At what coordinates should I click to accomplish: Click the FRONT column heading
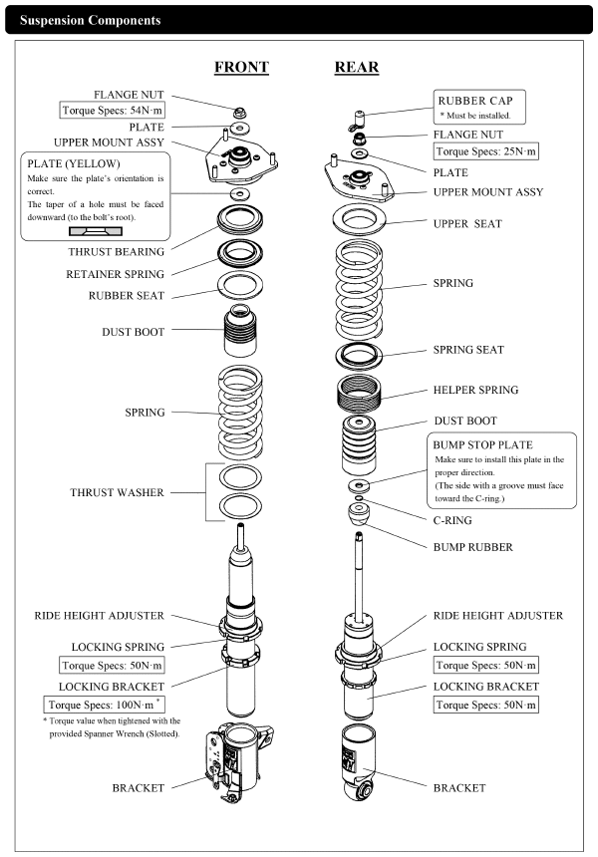click(241, 67)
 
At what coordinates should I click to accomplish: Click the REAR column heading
click(357, 67)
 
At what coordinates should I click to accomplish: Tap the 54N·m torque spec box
click(112, 110)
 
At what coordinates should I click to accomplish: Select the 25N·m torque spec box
click(485, 151)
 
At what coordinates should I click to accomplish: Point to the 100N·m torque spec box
click(104, 705)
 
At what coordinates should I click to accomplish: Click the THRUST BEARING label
click(116, 252)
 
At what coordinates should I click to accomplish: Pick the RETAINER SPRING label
click(115, 274)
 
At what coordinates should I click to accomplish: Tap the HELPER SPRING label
click(475, 390)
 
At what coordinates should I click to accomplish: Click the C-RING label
click(452, 520)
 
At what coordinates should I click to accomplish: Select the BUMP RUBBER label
click(472, 547)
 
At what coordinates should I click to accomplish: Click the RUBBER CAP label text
click(475, 101)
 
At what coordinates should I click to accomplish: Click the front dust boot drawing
click(240, 331)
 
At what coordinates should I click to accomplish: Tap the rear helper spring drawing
click(359, 394)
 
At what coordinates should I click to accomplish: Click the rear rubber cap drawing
click(358, 120)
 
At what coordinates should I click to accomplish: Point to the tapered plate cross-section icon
click(96, 231)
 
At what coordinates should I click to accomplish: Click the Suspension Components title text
click(90, 20)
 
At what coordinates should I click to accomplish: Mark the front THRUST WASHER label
click(117, 492)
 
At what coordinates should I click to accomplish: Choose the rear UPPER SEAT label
click(467, 223)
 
